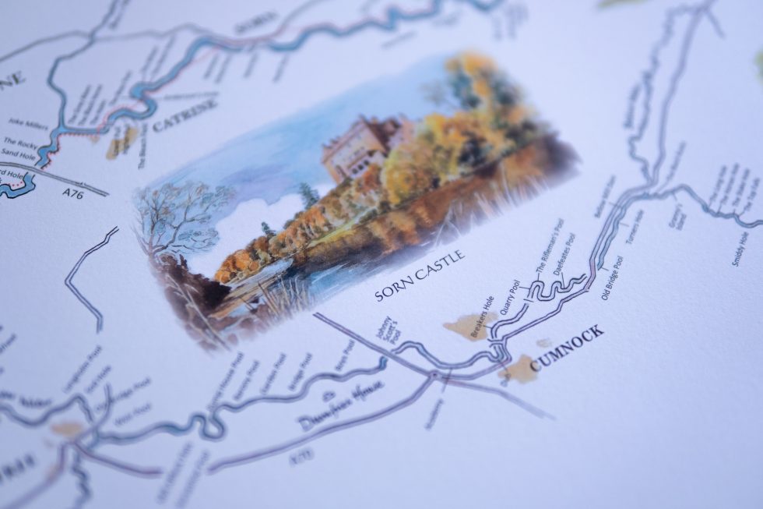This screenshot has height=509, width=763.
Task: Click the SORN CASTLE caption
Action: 419,275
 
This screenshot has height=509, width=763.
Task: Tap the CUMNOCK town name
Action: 567,348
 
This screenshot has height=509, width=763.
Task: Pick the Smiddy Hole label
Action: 740,248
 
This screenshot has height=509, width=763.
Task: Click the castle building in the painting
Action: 355,148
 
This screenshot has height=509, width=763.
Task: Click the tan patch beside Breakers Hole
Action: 465,326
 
